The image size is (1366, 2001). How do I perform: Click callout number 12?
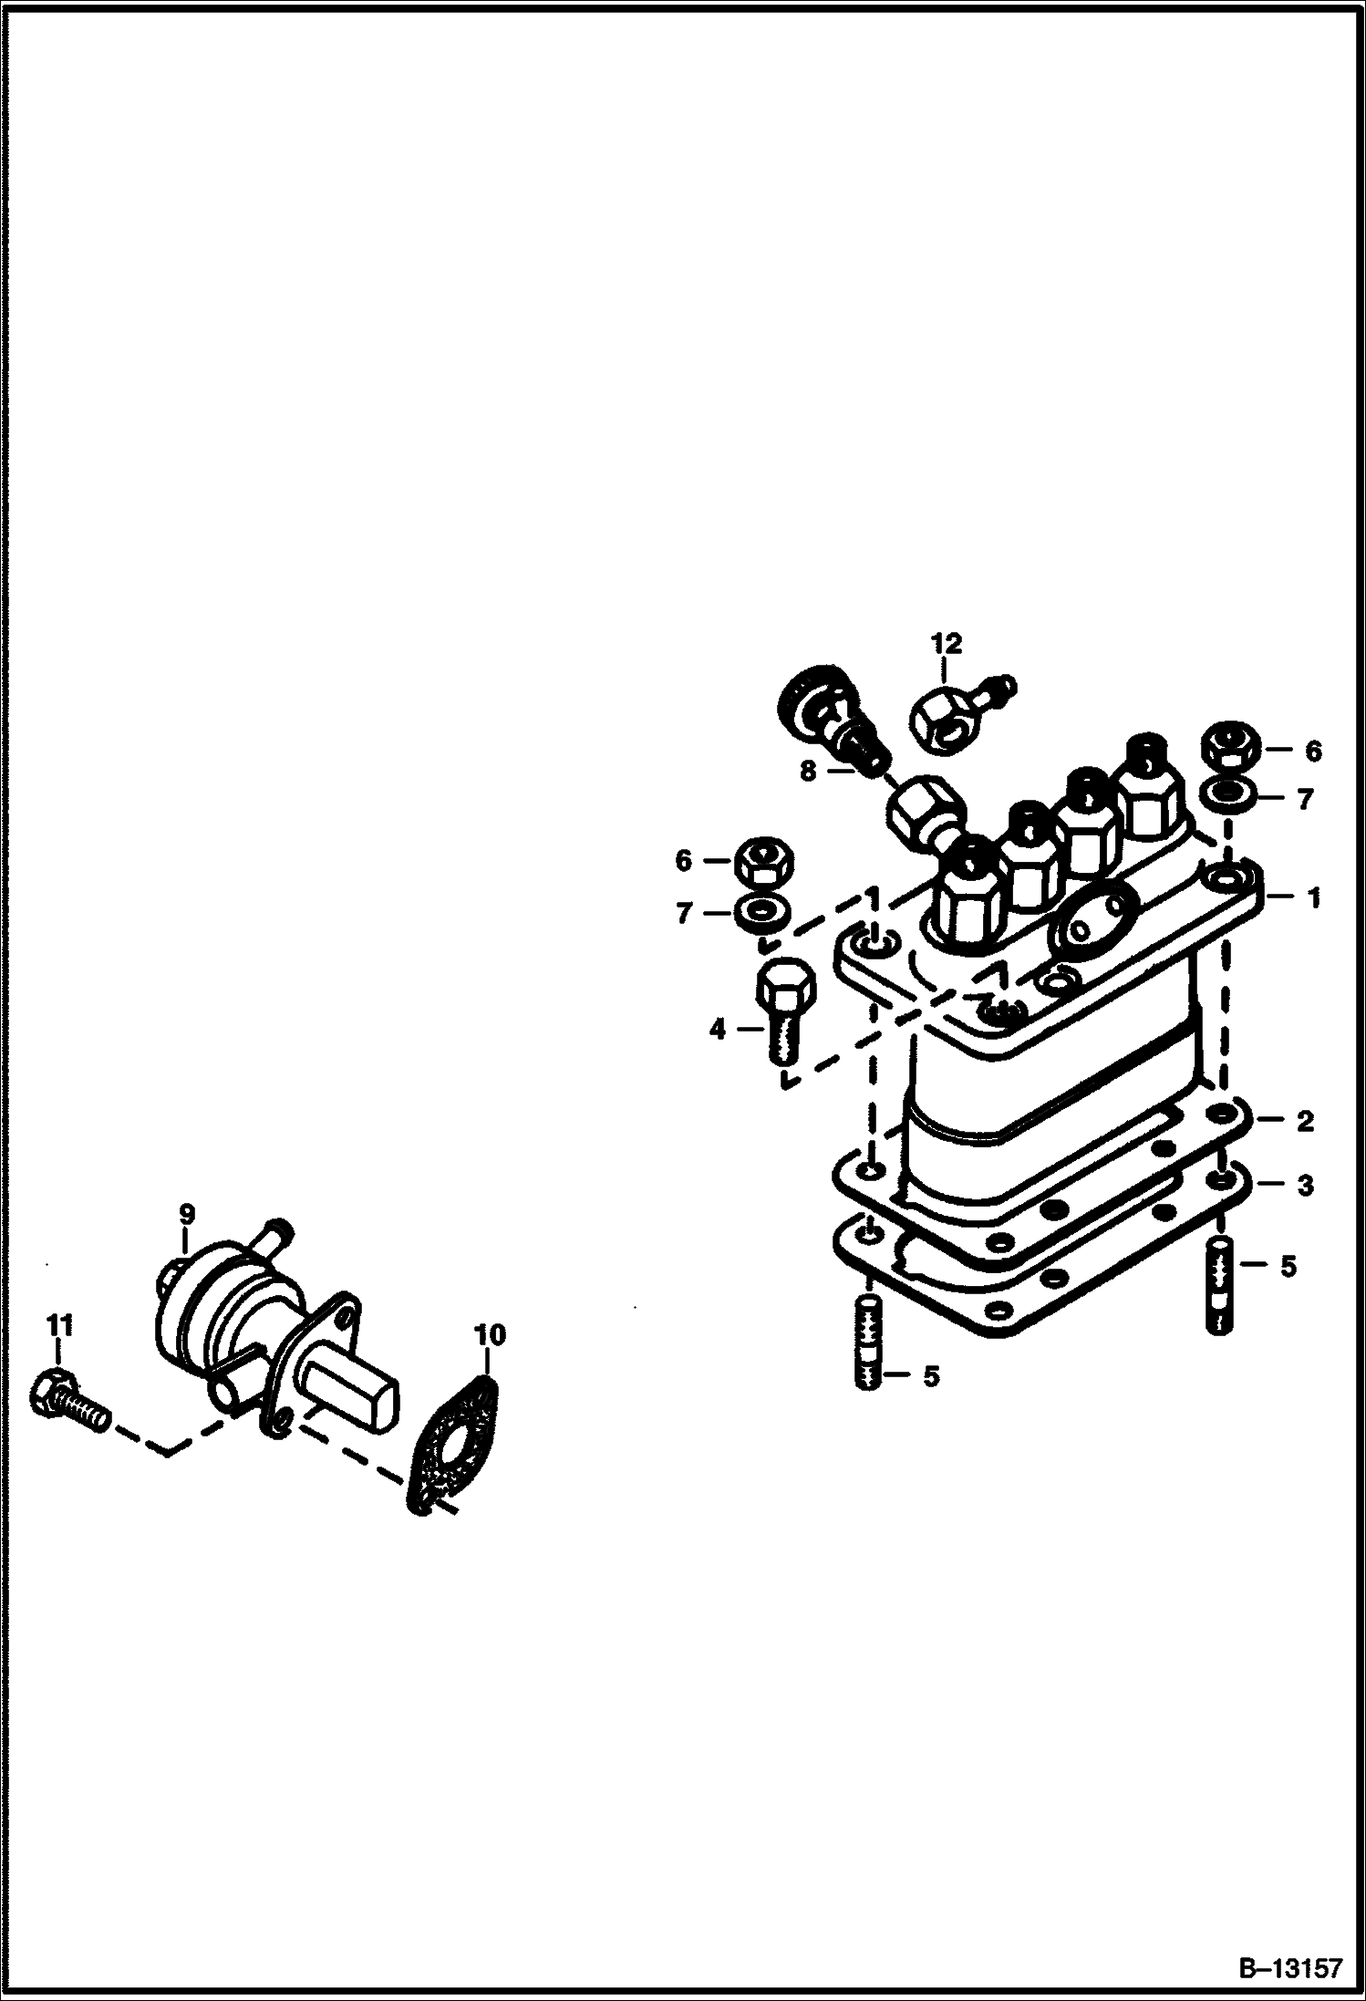pyautogui.click(x=946, y=644)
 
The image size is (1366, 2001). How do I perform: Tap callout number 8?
pyautogui.click(x=808, y=771)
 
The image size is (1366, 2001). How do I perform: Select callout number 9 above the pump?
pyautogui.click(x=186, y=1214)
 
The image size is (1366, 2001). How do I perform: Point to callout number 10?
pyautogui.click(x=489, y=1335)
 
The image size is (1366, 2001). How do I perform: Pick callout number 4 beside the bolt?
pyautogui.click(x=718, y=1031)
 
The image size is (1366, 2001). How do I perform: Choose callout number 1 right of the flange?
pyautogui.click(x=1313, y=898)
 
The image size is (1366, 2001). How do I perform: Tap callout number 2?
pyautogui.click(x=1305, y=1122)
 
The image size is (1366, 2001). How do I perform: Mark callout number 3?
pyautogui.click(x=1305, y=1186)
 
